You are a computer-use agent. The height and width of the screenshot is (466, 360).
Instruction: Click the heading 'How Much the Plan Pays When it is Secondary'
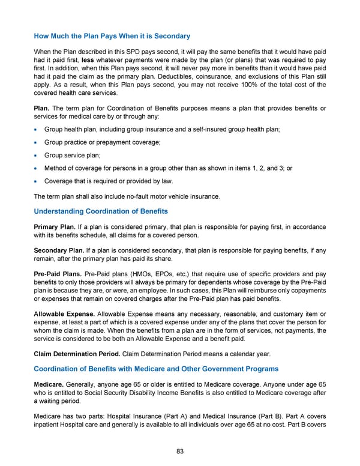(x=112, y=36)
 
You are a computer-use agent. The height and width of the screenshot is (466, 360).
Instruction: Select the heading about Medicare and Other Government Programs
(x=156, y=368)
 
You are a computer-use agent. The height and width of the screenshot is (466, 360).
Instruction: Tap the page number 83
(x=180, y=452)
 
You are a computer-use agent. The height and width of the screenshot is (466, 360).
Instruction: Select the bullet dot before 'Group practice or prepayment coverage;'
(x=37, y=142)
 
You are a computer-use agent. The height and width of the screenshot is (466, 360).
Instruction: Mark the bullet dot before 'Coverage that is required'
(x=37, y=181)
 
